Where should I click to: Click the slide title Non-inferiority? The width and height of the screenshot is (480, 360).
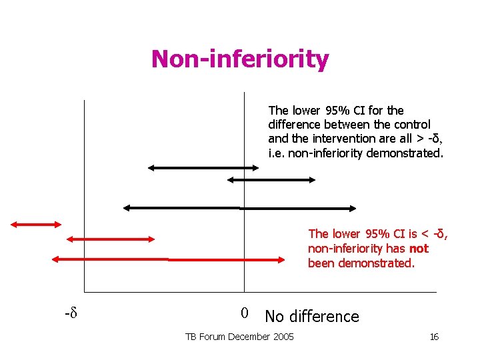(x=239, y=59)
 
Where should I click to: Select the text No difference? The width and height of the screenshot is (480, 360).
(x=311, y=316)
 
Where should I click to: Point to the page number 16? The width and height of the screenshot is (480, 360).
(x=433, y=337)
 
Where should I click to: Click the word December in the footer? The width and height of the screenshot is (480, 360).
(x=251, y=337)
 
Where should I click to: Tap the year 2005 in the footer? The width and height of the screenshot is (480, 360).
(x=283, y=337)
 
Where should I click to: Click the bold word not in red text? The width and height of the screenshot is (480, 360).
(x=419, y=249)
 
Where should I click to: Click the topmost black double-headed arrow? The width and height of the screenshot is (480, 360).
(x=203, y=168)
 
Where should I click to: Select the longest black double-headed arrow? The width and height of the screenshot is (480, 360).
(x=240, y=207)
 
